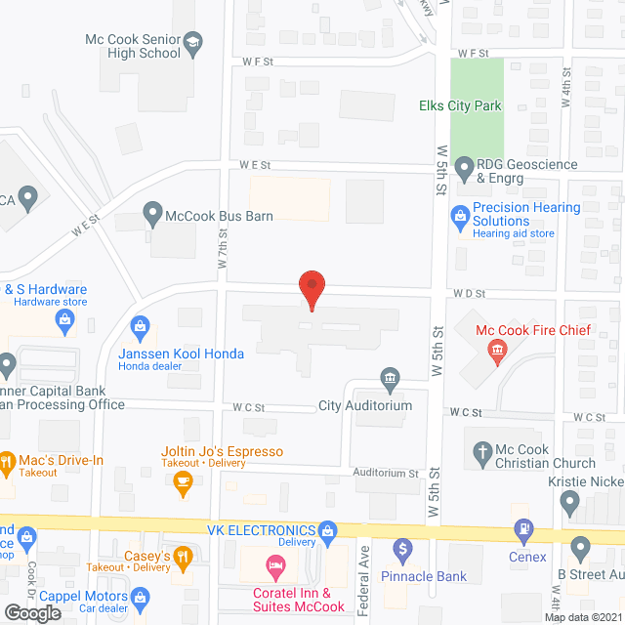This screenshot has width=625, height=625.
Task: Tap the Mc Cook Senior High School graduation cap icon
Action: point(193,41)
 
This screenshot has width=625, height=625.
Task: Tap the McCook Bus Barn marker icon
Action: point(151,211)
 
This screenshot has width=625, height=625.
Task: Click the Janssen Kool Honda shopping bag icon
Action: point(140,324)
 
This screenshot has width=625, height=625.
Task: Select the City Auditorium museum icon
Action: point(389,379)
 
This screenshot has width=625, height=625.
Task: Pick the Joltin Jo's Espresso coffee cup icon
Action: point(181,479)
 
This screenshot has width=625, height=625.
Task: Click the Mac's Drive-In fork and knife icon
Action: point(6,460)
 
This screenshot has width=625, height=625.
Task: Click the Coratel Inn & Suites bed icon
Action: point(274,565)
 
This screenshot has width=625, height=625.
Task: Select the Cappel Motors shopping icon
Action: point(140,596)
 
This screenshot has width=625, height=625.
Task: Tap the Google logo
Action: point(31,612)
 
